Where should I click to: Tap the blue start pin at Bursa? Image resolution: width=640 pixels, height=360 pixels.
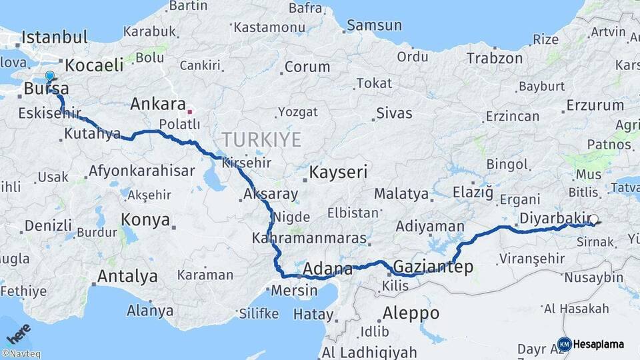(x=49, y=77)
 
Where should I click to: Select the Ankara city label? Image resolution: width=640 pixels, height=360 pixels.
(x=157, y=104)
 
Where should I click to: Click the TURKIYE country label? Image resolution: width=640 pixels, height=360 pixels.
(x=261, y=139)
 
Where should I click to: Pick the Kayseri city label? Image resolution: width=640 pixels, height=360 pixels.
(x=338, y=173)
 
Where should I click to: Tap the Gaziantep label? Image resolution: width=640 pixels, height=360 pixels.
(x=433, y=267)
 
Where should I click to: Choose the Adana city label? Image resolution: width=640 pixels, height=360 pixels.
(x=327, y=269)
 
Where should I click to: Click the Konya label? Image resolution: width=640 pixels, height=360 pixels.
(x=145, y=220)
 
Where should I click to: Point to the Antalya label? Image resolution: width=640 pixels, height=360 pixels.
(x=127, y=276)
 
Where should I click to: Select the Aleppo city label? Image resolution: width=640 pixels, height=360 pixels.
(x=411, y=313)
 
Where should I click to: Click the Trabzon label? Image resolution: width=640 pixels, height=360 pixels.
(x=495, y=58)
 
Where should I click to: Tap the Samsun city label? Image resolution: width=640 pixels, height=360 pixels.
(x=374, y=26)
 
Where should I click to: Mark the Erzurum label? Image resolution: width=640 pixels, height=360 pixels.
(x=595, y=105)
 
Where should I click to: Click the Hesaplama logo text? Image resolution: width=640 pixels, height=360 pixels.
(x=599, y=344)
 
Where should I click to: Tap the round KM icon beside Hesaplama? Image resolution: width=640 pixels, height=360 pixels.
(x=564, y=344)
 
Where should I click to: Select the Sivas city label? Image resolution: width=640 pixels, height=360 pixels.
(x=394, y=113)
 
